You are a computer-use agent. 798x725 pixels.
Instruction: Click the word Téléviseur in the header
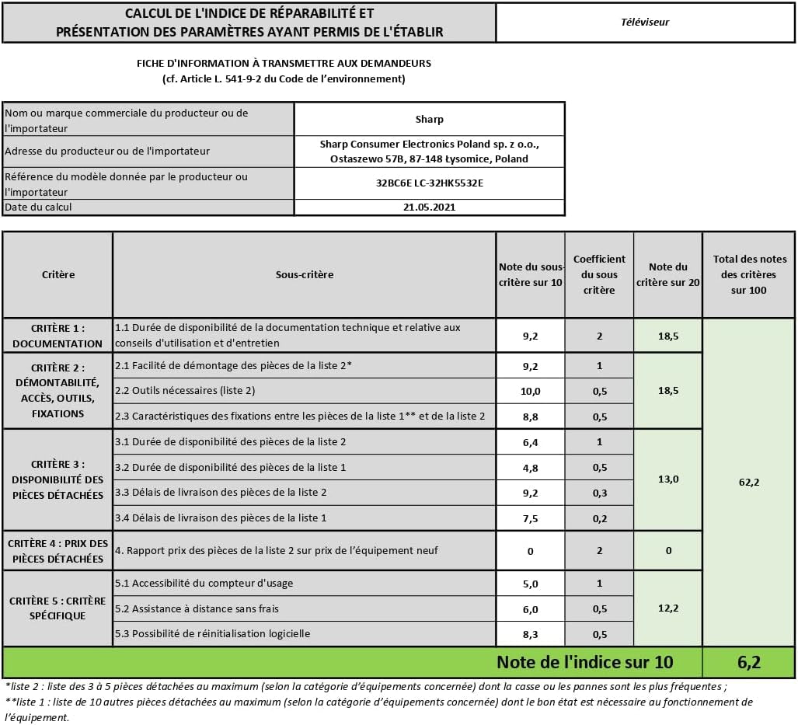(645, 22)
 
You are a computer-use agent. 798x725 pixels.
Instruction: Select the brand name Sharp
(429, 120)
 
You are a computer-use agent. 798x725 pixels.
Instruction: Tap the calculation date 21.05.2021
(429, 207)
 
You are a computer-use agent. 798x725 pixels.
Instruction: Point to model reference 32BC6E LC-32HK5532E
(429, 184)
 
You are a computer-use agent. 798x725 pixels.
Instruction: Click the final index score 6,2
(748, 662)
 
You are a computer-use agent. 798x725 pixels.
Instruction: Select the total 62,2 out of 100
(748, 482)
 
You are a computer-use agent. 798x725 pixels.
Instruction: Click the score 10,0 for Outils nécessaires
(531, 391)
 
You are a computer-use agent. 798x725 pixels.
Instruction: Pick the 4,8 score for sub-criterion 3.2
(531, 467)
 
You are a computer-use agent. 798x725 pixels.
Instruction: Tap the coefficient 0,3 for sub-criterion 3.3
(599, 492)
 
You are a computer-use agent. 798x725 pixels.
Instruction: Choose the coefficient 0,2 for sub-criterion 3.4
(599, 518)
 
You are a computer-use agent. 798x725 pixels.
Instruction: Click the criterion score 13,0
(668, 479)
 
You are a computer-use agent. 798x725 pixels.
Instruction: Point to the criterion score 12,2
(668, 608)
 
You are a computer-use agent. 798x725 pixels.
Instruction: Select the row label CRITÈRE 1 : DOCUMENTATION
(57, 336)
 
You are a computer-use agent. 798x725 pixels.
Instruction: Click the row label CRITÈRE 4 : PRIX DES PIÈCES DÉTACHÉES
(57, 551)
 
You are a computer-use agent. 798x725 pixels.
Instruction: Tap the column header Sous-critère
(305, 274)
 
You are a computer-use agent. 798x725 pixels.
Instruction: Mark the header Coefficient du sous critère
(599, 274)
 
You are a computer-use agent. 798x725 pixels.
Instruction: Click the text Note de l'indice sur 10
(584, 662)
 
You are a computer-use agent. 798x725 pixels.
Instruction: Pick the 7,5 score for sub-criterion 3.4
(531, 518)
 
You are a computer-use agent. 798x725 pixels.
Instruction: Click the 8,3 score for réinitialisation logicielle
(531, 634)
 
